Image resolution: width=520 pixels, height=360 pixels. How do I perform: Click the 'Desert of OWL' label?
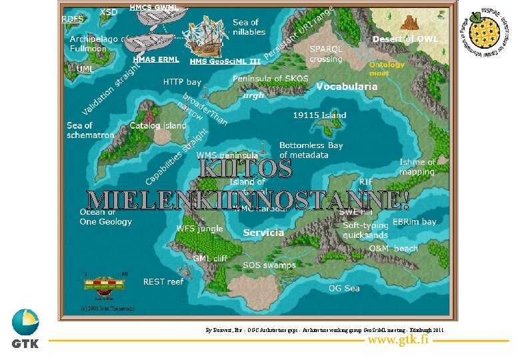point(405,39)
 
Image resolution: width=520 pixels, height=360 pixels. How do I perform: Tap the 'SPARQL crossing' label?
point(326,54)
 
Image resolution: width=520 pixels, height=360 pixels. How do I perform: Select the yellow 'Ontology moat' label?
point(387,69)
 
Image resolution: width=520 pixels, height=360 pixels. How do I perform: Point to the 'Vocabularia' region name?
point(346,87)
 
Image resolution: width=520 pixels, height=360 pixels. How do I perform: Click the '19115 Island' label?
point(319,115)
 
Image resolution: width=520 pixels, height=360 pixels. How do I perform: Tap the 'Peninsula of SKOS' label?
point(270,79)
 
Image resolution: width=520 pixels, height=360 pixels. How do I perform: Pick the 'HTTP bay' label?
point(182,82)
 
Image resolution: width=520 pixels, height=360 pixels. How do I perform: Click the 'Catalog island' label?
point(158,125)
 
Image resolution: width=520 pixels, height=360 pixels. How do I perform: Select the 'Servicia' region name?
point(263,233)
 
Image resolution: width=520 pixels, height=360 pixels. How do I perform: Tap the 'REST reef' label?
point(163,281)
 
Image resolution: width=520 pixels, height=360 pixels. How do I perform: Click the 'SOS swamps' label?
point(269,265)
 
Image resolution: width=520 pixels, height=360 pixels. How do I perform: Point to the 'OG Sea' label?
point(344,288)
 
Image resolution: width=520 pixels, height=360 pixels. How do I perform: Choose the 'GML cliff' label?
point(210,258)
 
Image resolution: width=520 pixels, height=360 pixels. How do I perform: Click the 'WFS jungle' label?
point(199,228)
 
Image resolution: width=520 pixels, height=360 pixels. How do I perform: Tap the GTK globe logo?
point(25,323)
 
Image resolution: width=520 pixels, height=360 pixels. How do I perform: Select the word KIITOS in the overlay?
point(245,168)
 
